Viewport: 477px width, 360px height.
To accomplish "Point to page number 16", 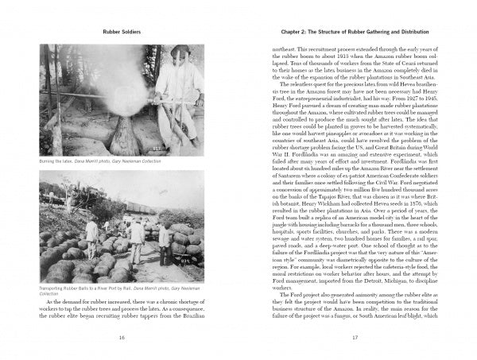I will point(122,338).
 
